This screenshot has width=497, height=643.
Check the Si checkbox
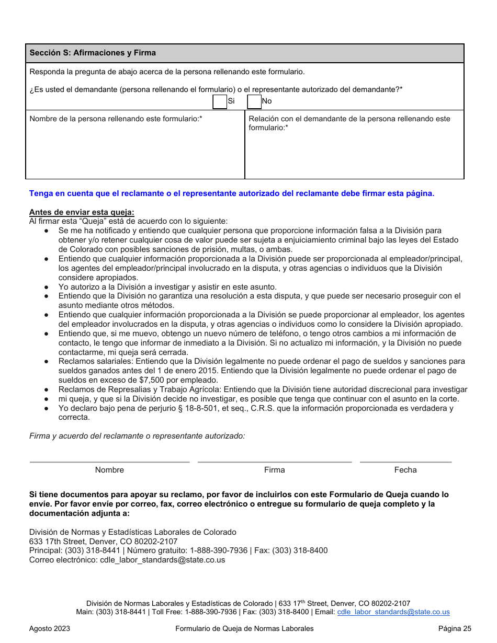pyautogui.click(x=220, y=101)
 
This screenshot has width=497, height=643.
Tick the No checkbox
pyautogui.click(x=254, y=101)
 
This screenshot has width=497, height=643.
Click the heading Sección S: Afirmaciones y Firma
pyautogui.click(x=93, y=53)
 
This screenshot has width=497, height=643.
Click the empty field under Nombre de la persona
pyautogui.click(x=135, y=152)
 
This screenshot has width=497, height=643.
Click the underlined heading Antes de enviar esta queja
pyautogui.click(x=82, y=212)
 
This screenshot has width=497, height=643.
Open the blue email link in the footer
pyautogui.click(x=393, y=612)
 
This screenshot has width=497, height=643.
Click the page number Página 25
pyautogui.click(x=455, y=628)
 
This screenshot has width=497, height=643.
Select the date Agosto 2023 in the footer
pyautogui.click(x=50, y=628)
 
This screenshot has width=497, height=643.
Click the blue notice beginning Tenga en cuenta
pyautogui.click(x=232, y=193)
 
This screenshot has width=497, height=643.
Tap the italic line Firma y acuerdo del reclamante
pyautogui.click(x=137, y=435)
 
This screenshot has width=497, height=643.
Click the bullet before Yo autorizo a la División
pyautogui.click(x=47, y=287)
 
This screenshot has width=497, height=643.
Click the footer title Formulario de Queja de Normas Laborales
pyautogui.click(x=244, y=628)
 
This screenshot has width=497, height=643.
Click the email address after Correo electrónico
pyautogui.click(x=162, y=560)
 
